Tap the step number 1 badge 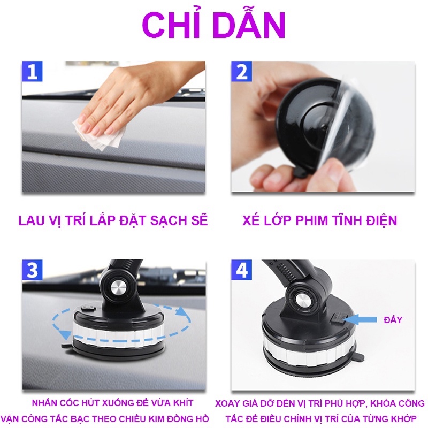point(32,71)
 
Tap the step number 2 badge point(241,71)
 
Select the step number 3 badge point(32,270)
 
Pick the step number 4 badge point(242,270)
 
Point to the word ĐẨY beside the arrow point(393,320)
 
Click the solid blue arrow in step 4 point(362,320)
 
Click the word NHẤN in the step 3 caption point(43,404)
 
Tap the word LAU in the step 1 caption point(31,220)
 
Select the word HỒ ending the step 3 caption point(201,419)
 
